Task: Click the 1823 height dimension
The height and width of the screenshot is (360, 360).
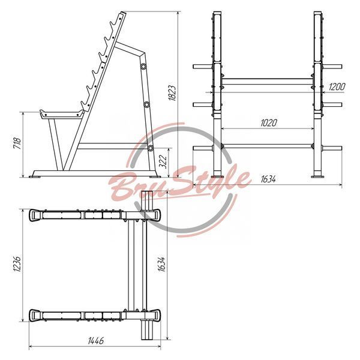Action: (172, 93)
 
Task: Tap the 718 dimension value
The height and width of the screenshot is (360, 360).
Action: (17, 143)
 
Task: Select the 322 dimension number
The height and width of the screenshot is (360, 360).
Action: (163, 161)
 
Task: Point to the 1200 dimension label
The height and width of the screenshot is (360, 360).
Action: (337, 87)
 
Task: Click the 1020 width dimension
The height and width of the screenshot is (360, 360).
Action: (269, 123)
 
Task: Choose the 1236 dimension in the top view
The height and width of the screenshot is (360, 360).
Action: (17, 264)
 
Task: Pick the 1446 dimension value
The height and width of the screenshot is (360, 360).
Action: (96, 341)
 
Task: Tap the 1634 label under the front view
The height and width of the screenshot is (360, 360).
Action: (268, 179)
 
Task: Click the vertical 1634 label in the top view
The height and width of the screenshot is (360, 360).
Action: (161, 264)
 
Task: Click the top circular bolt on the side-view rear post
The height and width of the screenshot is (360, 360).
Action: (143, 67)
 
